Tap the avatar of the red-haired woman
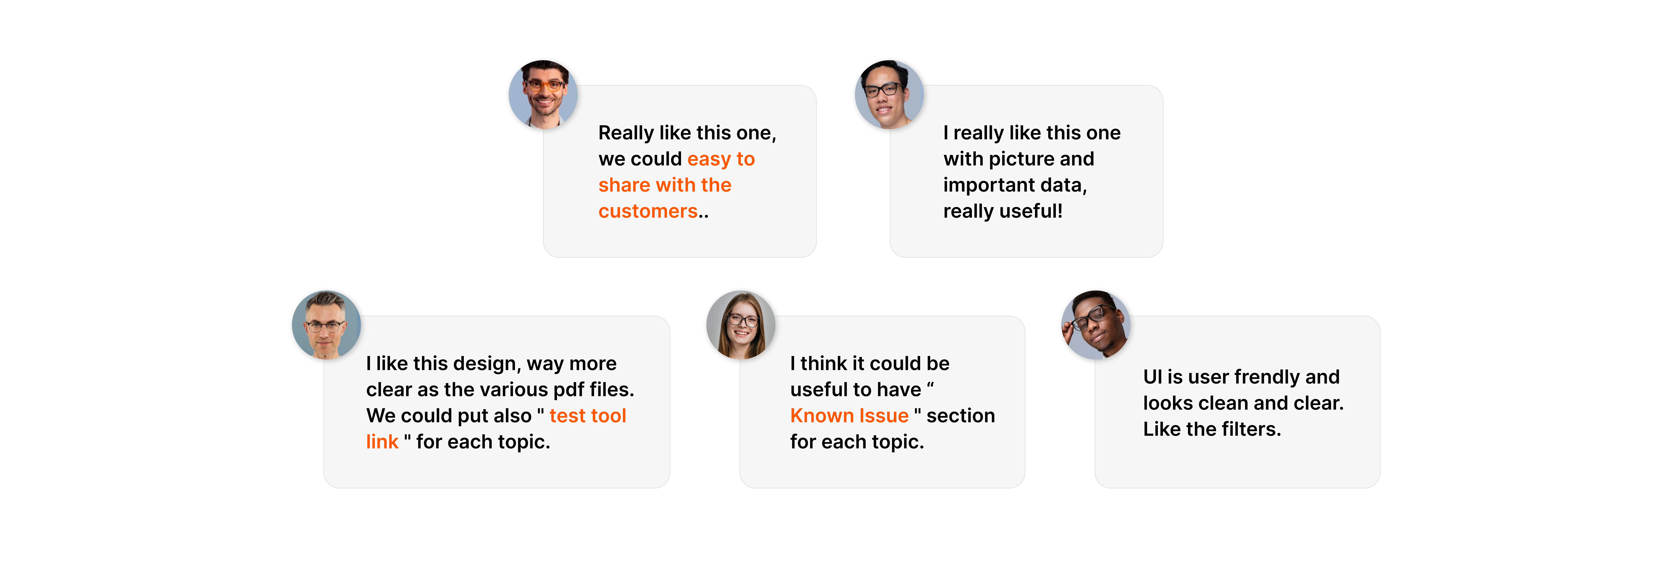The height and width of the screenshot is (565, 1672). pyautogui.click(x=740, y=325)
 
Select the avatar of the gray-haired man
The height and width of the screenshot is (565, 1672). pyautogui.click(x=326, y=325)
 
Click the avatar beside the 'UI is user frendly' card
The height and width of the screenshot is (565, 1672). pyautogui.click(x=1096, y=325)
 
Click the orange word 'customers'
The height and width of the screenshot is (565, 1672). pyautogui.click(x=648, y=211)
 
